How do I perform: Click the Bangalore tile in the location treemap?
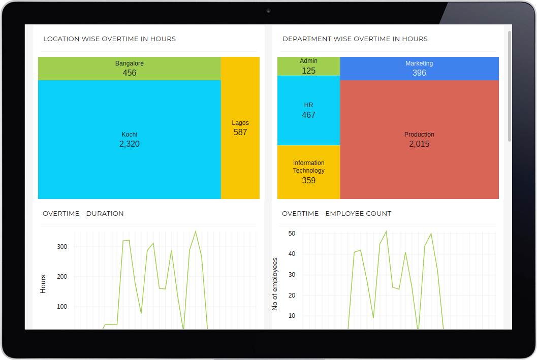[x=130, y=69]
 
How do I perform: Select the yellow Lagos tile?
[x=240, y=127]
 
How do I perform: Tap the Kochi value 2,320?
[x=130, y=144]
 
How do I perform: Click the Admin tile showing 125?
[x=308, y=66]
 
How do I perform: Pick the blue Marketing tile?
[x=419, y=69]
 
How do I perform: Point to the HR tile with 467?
[x=308, y=110]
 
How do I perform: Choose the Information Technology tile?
[x=308, y=172]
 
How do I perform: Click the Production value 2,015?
[x=419, y=144]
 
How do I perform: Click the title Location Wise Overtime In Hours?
[x=109, y=39]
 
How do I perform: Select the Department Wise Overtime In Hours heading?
[x=355, y=39]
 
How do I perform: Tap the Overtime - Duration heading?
[x=83, y=214]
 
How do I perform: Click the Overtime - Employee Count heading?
[x=336, y=214]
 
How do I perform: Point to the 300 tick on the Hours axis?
[x=62, y=247]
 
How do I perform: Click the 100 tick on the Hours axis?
[x=62, y=307]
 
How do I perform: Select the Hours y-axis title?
[x=43, y=284]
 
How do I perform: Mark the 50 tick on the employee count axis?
[x=292, y=234]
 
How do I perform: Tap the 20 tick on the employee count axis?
[x=292, y=296]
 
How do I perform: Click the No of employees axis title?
[x=275, y=284]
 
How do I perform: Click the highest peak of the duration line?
[x=196, y=232]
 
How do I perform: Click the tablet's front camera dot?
[x=268, y=11]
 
